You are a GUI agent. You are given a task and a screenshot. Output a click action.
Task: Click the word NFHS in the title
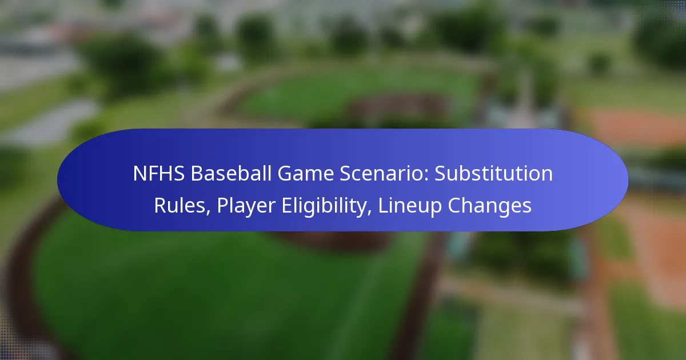tap(159, 174)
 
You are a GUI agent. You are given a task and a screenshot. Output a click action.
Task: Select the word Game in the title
tap(306, 174)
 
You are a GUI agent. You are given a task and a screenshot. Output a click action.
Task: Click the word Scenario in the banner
tap(384, 174)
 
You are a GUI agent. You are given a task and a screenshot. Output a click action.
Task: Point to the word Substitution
tap(494, 174)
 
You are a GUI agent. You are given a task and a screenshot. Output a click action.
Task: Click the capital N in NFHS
tap(140, 174)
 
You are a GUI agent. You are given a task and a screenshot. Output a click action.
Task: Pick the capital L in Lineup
tap(384, 205)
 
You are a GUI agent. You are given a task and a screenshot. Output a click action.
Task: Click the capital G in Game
tap(285, 174)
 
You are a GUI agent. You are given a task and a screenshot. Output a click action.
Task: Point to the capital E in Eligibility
tap(287, 205)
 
